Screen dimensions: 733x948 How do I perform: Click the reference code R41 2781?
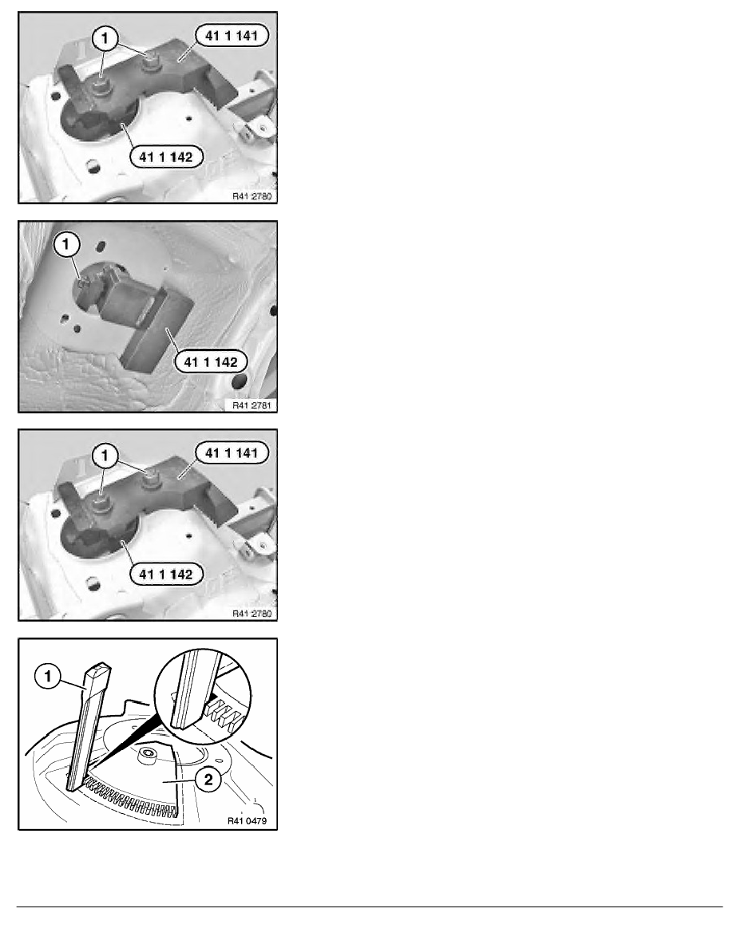click(x=252, y=405)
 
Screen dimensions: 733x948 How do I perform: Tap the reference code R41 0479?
click(x=247, y=820)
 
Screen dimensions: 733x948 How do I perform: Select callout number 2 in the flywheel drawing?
click(x=208, y=780)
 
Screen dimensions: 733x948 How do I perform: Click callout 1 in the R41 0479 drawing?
click(x=49, y=676)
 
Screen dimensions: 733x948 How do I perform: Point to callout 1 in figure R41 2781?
click(x=66, y=245)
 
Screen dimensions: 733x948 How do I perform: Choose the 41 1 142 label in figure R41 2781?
click(x=211, y=362)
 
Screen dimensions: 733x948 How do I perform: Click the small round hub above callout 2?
click(x=146, y=755)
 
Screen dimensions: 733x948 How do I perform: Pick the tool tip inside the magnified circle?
click(x=184, y=720)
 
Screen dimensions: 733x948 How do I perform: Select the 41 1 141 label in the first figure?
click(x=232, y=36)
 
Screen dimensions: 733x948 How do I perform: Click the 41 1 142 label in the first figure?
click(x=166, y=157)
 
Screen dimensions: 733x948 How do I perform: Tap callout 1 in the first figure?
click(x=105, y=38)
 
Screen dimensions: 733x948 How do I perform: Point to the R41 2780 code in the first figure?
click(x=252, y=196)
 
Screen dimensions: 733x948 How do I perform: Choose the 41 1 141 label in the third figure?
click(x=232, y=452)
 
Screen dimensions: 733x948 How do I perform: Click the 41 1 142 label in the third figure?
click(x=166, y=575)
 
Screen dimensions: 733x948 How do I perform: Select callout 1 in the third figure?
click(x=105, y=456)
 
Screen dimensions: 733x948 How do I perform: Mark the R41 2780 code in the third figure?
click(x=252, y=613)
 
